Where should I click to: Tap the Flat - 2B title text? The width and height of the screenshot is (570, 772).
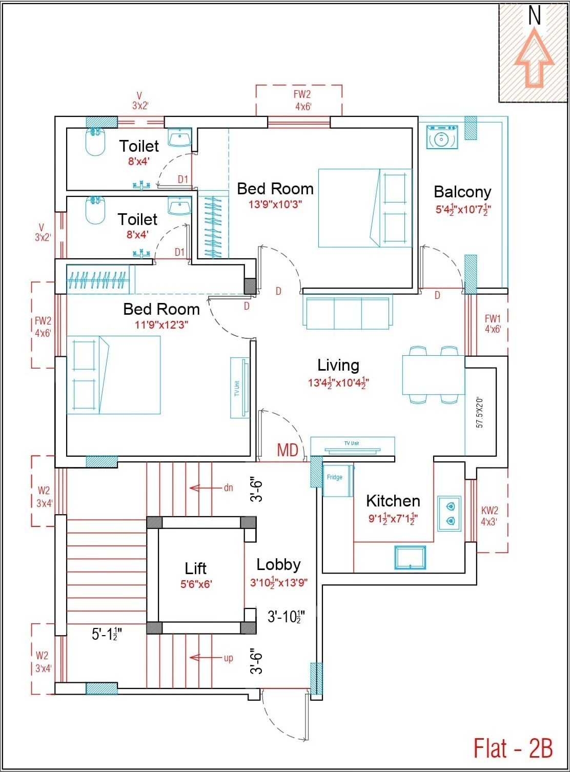coord(513,748)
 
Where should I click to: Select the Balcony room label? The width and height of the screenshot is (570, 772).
coord(462,192)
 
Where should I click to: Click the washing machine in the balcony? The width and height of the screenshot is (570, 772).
coord(442,137)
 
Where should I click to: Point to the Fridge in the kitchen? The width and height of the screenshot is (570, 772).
coord(337,480)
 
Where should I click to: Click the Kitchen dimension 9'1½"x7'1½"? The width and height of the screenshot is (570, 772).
coord(393,518)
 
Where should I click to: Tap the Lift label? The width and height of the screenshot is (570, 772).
coord(196,568)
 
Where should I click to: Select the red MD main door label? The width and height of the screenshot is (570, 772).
coord(288,450)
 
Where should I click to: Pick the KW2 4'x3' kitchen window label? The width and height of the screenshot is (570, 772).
coord(490,516)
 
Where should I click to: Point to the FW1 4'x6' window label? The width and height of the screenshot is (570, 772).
coord(493,324)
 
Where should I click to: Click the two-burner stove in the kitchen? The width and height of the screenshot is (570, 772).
coord(450,514)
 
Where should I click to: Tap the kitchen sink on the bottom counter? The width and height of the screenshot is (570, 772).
coord(410,557)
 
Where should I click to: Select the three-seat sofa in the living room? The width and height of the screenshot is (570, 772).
coord(348,312)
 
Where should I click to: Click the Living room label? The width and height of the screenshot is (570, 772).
coord(338,365)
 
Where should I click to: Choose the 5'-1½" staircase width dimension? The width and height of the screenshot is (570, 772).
coord(105,634)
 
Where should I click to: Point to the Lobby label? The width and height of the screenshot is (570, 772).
coord(278,564)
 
